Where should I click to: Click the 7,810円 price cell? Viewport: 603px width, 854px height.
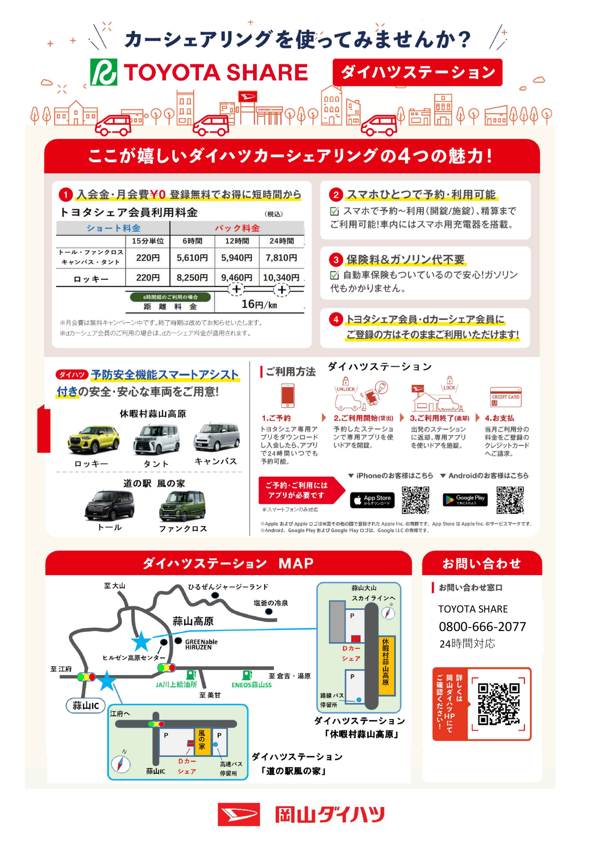coord(281,258)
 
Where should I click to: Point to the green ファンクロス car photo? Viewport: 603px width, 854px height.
coord(182,506)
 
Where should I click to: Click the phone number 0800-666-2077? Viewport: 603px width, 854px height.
coord(482,626)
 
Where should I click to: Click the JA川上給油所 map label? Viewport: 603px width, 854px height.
coord(176,684)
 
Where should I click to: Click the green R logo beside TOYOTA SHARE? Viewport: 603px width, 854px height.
coord(104,72)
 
